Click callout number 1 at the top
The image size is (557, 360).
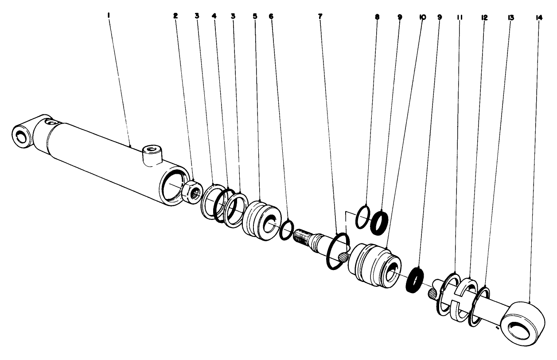tap(109, 16)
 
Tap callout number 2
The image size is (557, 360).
tap(175, 16)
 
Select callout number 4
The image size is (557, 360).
tap(214, 16)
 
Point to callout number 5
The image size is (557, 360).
tap(255, 16)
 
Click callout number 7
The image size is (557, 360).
tap(320, 17)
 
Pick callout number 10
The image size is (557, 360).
tap(422, 17)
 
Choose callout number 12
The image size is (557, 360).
tap(484, 18)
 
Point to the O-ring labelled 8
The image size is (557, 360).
tap(362, 217)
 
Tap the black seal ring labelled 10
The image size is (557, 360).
tap(414, 280)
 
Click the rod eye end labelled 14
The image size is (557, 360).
tap(522, 324)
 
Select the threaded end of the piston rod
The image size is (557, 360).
tap(301, 236)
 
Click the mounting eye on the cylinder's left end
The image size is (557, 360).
tap(22, 137)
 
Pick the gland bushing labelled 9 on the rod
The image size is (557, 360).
tap(374, 266)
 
